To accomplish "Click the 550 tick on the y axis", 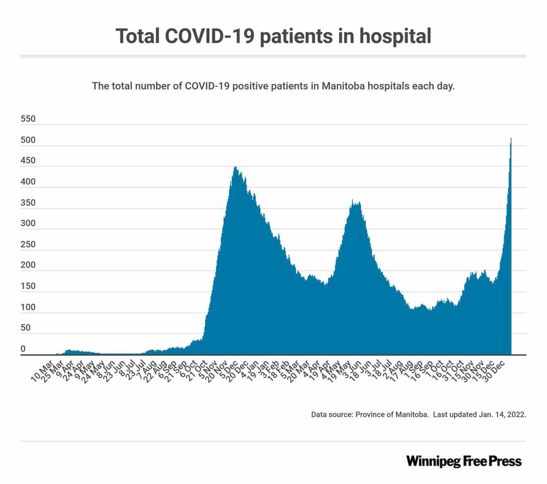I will pyautogui.click(x=28, y=119).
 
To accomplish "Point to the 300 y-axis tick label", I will pyautogui.click(x=28, y=223).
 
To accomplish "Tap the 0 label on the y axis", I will pyautogui.click(x=23, y=349).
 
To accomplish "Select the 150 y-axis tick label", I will pyautogui.click(x=28, y=286).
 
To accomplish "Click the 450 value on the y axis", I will pyautogui.click(x=28, y=161).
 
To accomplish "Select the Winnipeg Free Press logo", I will pyautogui.click(x=464, y=461).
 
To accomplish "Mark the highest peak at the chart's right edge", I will pyautogui.click(x=511, y=139).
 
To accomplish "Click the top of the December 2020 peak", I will pyautogui.click(x=235, y=167).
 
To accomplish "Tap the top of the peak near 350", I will pyautogui.click(x=353, y=200).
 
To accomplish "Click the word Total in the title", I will pyautogui.click(x=139, y=36).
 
